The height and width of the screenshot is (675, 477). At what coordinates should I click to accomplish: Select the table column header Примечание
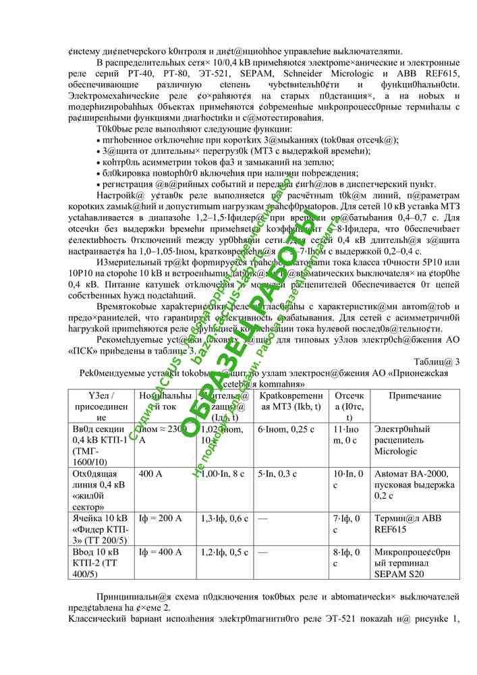[414, 396]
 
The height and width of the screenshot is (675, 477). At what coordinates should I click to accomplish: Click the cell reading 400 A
[149, 474]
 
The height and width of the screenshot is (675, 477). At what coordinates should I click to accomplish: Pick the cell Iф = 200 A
[160, 518]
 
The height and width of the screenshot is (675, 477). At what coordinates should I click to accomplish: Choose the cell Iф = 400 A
[160, 552]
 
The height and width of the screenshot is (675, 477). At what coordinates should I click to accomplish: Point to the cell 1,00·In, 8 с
[223, 474]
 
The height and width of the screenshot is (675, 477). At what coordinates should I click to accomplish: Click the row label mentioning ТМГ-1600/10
[99, 446]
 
